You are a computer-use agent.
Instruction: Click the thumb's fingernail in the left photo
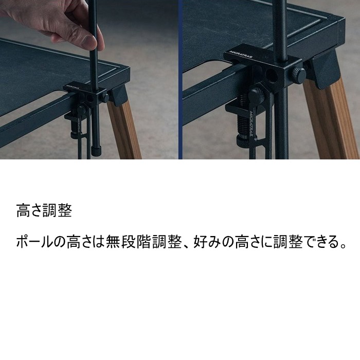(90, 41)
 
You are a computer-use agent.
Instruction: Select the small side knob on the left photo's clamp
(105, 98)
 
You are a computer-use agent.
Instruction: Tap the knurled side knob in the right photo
(298, 74)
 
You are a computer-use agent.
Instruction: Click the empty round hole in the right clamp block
(271, 75)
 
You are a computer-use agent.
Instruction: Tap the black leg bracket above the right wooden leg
(323, 69)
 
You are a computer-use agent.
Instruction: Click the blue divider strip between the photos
(180, 80)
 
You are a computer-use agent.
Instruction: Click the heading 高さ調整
(44, 210)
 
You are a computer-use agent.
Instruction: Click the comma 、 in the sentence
(187, 246)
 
